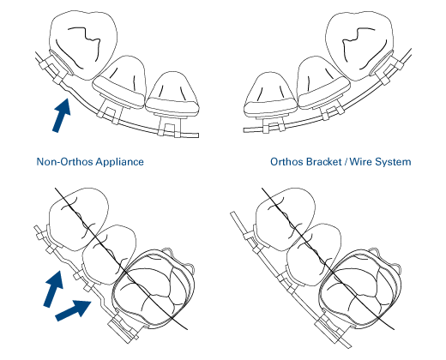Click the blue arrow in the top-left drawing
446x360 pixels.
[x=62, y=115]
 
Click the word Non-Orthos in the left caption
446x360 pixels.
[x=65, y=162]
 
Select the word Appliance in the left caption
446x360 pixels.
[x=119, y=162]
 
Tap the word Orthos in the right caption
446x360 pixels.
[x=286, y=162]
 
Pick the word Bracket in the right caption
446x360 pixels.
[x=324, y=162]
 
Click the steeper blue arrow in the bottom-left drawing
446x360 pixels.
[x=53, y=289]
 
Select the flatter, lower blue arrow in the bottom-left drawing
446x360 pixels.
[x=73, y=309]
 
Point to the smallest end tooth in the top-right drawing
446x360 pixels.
[x=270, y=94]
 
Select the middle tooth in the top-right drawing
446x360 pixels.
[x=323, y=82]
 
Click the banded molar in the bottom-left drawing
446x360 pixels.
[x=153, y=289]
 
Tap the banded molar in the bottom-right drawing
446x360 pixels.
[x=359, y=289]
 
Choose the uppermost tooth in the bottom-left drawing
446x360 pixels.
[x=79, y=219]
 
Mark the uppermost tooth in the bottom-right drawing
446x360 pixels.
[x=286, y=219]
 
